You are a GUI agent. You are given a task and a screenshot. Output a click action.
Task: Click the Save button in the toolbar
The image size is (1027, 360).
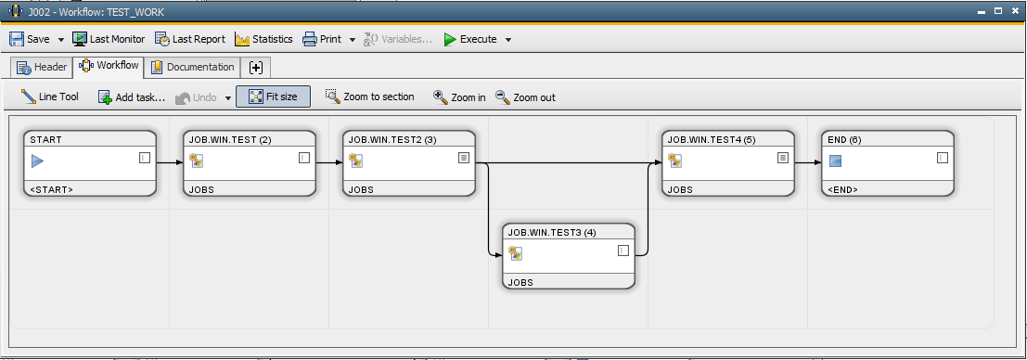click(30, 39)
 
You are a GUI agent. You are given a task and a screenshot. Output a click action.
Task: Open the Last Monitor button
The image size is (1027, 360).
click(109, 39)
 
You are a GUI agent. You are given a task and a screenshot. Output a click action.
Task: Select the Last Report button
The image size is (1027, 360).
click(190, 39)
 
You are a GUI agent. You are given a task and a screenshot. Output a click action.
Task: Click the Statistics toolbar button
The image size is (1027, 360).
click(264, 39)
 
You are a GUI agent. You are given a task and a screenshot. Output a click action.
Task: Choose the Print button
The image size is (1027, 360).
click(322, 39)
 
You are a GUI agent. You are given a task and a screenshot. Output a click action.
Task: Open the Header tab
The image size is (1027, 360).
click(43, 67)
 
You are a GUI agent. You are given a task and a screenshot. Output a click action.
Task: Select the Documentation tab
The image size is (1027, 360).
click(193, 67)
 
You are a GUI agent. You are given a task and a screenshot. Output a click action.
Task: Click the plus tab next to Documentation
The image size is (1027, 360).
click(256, 67)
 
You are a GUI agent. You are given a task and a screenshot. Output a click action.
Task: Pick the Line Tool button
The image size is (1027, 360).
click(50, 96)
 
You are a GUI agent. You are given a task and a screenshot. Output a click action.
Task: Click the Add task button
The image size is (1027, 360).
click(132, 96)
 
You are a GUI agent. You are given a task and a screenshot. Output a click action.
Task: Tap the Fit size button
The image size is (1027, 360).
click(273, 96)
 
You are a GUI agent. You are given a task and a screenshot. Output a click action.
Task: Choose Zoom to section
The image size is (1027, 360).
click(369, 96)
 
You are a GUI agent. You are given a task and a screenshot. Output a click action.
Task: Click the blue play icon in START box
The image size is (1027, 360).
click(37, 161)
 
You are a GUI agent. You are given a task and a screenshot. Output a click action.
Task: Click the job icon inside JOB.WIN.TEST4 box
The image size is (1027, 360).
click(675, 160)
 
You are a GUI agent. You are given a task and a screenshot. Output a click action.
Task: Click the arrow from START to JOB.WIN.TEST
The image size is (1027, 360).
click(170, 162)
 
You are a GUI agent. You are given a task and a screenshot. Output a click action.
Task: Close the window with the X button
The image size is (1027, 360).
click(1015, 10)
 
